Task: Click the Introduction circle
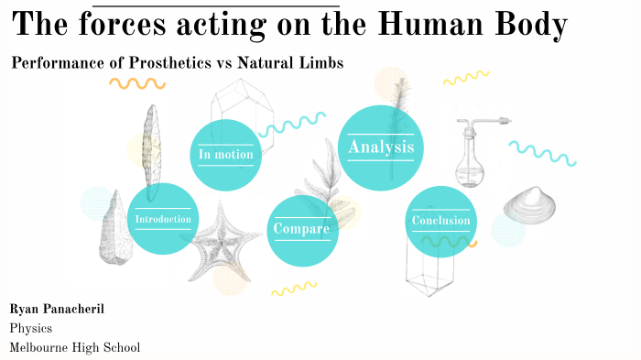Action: pyautogui.click(x=163, y=219)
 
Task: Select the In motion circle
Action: pyautogui.click(x=225, y=155)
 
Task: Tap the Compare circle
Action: pyautogui.click(x=301, y=228)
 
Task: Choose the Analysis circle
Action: pyautogui.click(x=381, y=147)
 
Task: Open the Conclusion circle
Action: pyautogui.click(x=440, y=221)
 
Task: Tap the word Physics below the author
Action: pyautogui.click(x=31, y=328)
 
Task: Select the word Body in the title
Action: pyautogui.click(x=533, y=26)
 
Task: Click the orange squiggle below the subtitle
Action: pyautogui.click(x=137, y=83)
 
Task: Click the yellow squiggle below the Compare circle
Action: pyautogui.click(x=294, y=289)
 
